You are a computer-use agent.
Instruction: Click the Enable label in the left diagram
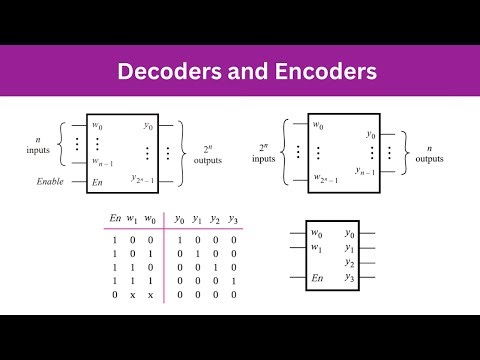pyautogui.click(x=56, y=182)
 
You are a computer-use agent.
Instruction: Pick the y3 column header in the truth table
pyautogui.click(x=233, y=220)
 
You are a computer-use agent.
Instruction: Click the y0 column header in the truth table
pyautogui.click(x=179, y=220)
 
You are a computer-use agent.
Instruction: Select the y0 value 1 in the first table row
pyautogui.click(x=179, y=240)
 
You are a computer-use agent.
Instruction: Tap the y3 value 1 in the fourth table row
pyautogui.click(x=233, y=282)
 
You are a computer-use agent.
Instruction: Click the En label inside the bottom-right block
pyautogui.click(x=319, y=277)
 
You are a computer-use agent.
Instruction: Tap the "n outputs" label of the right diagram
pyautogui.click(x=430, y=151)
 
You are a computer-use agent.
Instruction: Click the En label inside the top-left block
pyautogui.click(x=97, y=182)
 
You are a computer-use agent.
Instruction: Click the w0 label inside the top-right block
pyautogui.click(x=318, y=126)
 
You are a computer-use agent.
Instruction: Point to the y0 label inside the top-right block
pyautogui.click(x=370, y=133)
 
